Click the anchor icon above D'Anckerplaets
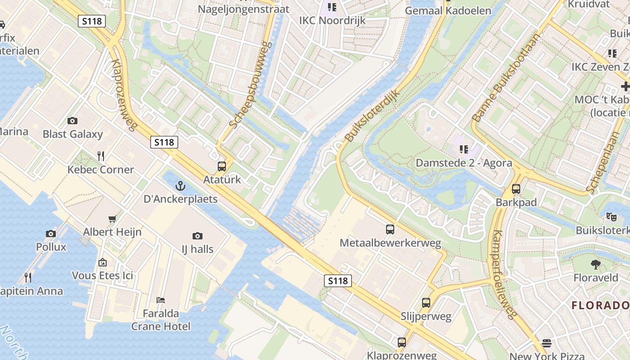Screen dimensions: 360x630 point(180,185)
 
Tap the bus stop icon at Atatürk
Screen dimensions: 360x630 point(222,166)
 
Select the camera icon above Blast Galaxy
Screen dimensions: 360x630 point(72,121)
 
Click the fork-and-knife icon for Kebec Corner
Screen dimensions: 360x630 point(101,156)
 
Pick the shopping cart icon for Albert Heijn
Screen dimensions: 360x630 point(112,219)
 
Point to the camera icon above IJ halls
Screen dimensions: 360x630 point(197,236)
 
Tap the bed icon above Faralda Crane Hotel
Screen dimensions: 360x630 point(161,300)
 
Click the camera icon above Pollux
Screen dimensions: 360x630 point(51,234)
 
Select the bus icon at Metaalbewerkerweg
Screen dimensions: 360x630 point(390,229)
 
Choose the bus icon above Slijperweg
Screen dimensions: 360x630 point(426,303)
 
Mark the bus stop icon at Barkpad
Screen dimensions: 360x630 point(516,189)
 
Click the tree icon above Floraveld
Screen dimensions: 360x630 point(596,264)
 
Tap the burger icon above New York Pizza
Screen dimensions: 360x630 point(547,343)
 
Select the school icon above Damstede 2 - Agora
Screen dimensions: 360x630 point(464,149)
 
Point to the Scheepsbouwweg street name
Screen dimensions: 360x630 point(251,84)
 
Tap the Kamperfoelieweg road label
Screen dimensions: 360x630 point(503,274)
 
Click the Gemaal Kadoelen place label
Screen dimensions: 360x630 point(448,10)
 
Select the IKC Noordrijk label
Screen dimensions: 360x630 point(333,21)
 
